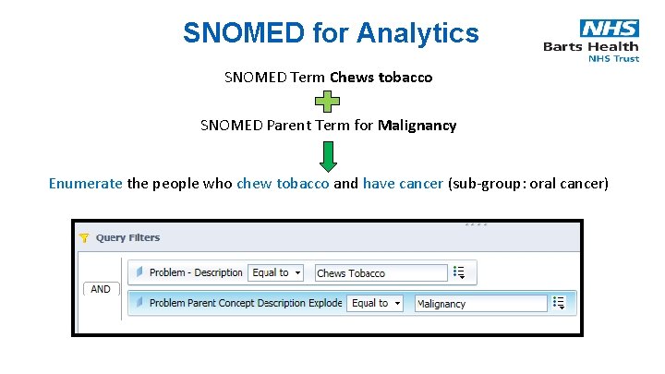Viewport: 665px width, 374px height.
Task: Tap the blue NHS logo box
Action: (609, 29)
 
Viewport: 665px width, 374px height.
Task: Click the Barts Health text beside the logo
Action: (590, 47)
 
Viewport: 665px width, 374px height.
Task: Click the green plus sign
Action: (328, 103)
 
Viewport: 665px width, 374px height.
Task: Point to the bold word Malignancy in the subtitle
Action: (417, 125)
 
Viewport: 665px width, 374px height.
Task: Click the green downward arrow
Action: (328, 155)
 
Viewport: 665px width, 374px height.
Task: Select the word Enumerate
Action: (85, 183)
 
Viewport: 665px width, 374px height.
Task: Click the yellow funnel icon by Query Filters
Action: (84, 237)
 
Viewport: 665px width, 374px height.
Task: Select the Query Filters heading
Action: (127, 237)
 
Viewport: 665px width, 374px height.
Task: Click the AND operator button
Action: (101, 289)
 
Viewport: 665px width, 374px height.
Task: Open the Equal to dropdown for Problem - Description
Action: (275, 272)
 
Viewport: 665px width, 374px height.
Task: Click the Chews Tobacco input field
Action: (380, 273)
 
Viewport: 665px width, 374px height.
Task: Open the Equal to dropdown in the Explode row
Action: (375, 303)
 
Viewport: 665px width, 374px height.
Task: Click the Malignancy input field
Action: (480, 304)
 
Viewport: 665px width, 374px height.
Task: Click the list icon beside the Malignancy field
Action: (560, 303)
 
